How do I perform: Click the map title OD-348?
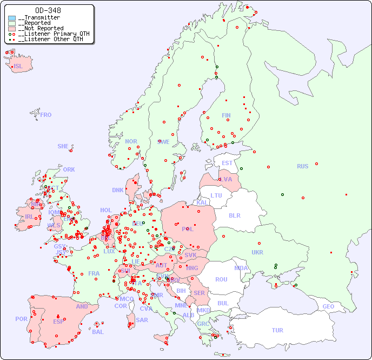click(x=48, y=10)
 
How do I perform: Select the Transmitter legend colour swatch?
click(x=12, y=18)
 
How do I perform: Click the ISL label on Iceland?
click(x=18, y=67)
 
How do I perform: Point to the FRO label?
click(x=46, y=115)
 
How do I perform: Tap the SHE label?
click(x=63, y=146)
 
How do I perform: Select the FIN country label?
click(x=226, y=115)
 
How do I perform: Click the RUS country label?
click(x=302, y=166)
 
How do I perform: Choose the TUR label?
click(x=277, y=330)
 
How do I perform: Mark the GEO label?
click(x=328, y=306)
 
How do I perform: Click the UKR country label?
click(x=257, y=252)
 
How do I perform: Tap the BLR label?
click(x=234, y=215)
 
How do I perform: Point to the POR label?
click(x=21, y=319)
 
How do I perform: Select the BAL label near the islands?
click(x=98, y=332)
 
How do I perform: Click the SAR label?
click(x=142, y=320)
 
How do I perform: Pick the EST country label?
click(x=227, y=163)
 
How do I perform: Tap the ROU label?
click(x=221, y=279)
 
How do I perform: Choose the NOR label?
click(x=131, y=141)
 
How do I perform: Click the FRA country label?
click(x=94, y=273)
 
